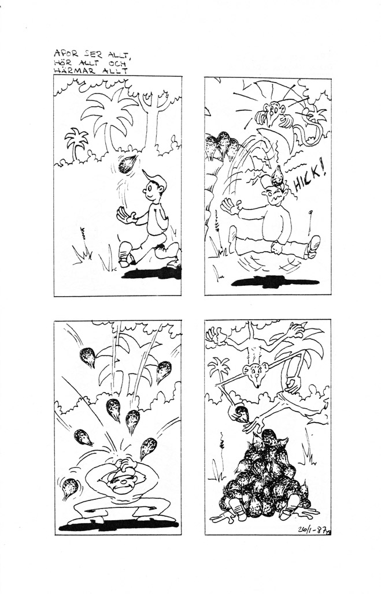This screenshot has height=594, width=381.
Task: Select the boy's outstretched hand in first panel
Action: (126, 215)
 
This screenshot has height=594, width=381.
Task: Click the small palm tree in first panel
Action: (76, 143)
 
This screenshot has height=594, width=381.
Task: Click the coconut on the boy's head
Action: (277, 176)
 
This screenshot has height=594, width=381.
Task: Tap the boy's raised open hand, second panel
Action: (230, 207)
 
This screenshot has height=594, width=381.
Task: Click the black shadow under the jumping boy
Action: (276, 282)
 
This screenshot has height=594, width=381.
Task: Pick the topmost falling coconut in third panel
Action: (88, 357)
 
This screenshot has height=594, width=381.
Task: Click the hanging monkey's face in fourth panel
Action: (257, 373)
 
